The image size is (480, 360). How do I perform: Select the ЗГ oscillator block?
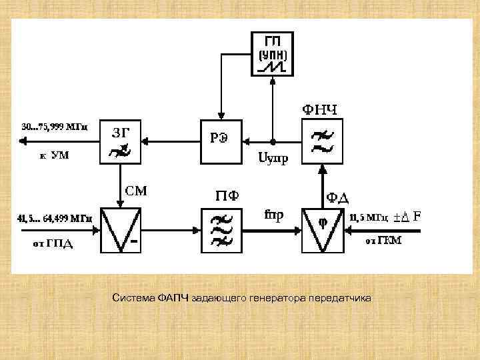coord(119,141)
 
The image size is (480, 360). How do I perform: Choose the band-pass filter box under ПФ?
coord(221,230)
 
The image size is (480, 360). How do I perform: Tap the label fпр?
coord(273,215)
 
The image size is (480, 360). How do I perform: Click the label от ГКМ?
coord(383,241)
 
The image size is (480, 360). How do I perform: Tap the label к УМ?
coord(54,156)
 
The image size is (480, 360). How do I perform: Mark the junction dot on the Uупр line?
coord(273,141)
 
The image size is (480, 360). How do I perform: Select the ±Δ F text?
coord(407,217)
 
